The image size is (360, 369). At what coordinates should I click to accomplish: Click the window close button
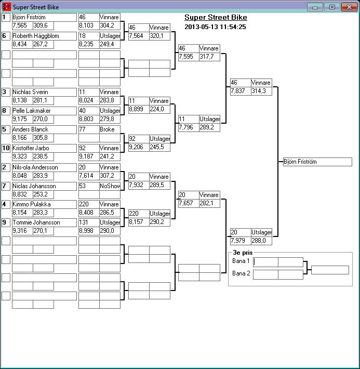(348, 7)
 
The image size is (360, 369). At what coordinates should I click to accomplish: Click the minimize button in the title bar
(315, 7)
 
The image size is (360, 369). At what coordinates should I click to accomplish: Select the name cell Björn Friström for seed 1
(44, 17)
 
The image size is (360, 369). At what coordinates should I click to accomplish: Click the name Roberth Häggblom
(44, 36)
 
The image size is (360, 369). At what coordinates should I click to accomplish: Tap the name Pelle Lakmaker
(44, 111)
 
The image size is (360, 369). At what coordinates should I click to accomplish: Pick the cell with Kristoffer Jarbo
(44, 148)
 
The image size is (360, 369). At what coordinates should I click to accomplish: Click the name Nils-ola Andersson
(44, 167)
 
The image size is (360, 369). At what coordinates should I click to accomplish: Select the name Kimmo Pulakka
(44, 204)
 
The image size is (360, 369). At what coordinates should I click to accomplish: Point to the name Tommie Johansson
(44, 222)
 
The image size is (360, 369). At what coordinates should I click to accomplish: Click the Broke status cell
(110, 129)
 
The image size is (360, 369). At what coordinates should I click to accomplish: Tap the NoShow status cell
(110, 186)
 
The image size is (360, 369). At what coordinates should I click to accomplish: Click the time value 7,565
(22, 25)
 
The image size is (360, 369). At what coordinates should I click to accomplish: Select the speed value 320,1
(159, 36)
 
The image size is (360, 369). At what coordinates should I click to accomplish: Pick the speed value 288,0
(261, 241)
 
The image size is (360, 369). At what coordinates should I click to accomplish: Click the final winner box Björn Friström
(317, 162)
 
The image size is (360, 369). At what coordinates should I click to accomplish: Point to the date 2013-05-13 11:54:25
(215, 27)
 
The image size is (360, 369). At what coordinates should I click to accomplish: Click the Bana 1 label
(241, 261)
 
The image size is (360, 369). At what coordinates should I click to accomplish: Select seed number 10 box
(6, 148)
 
